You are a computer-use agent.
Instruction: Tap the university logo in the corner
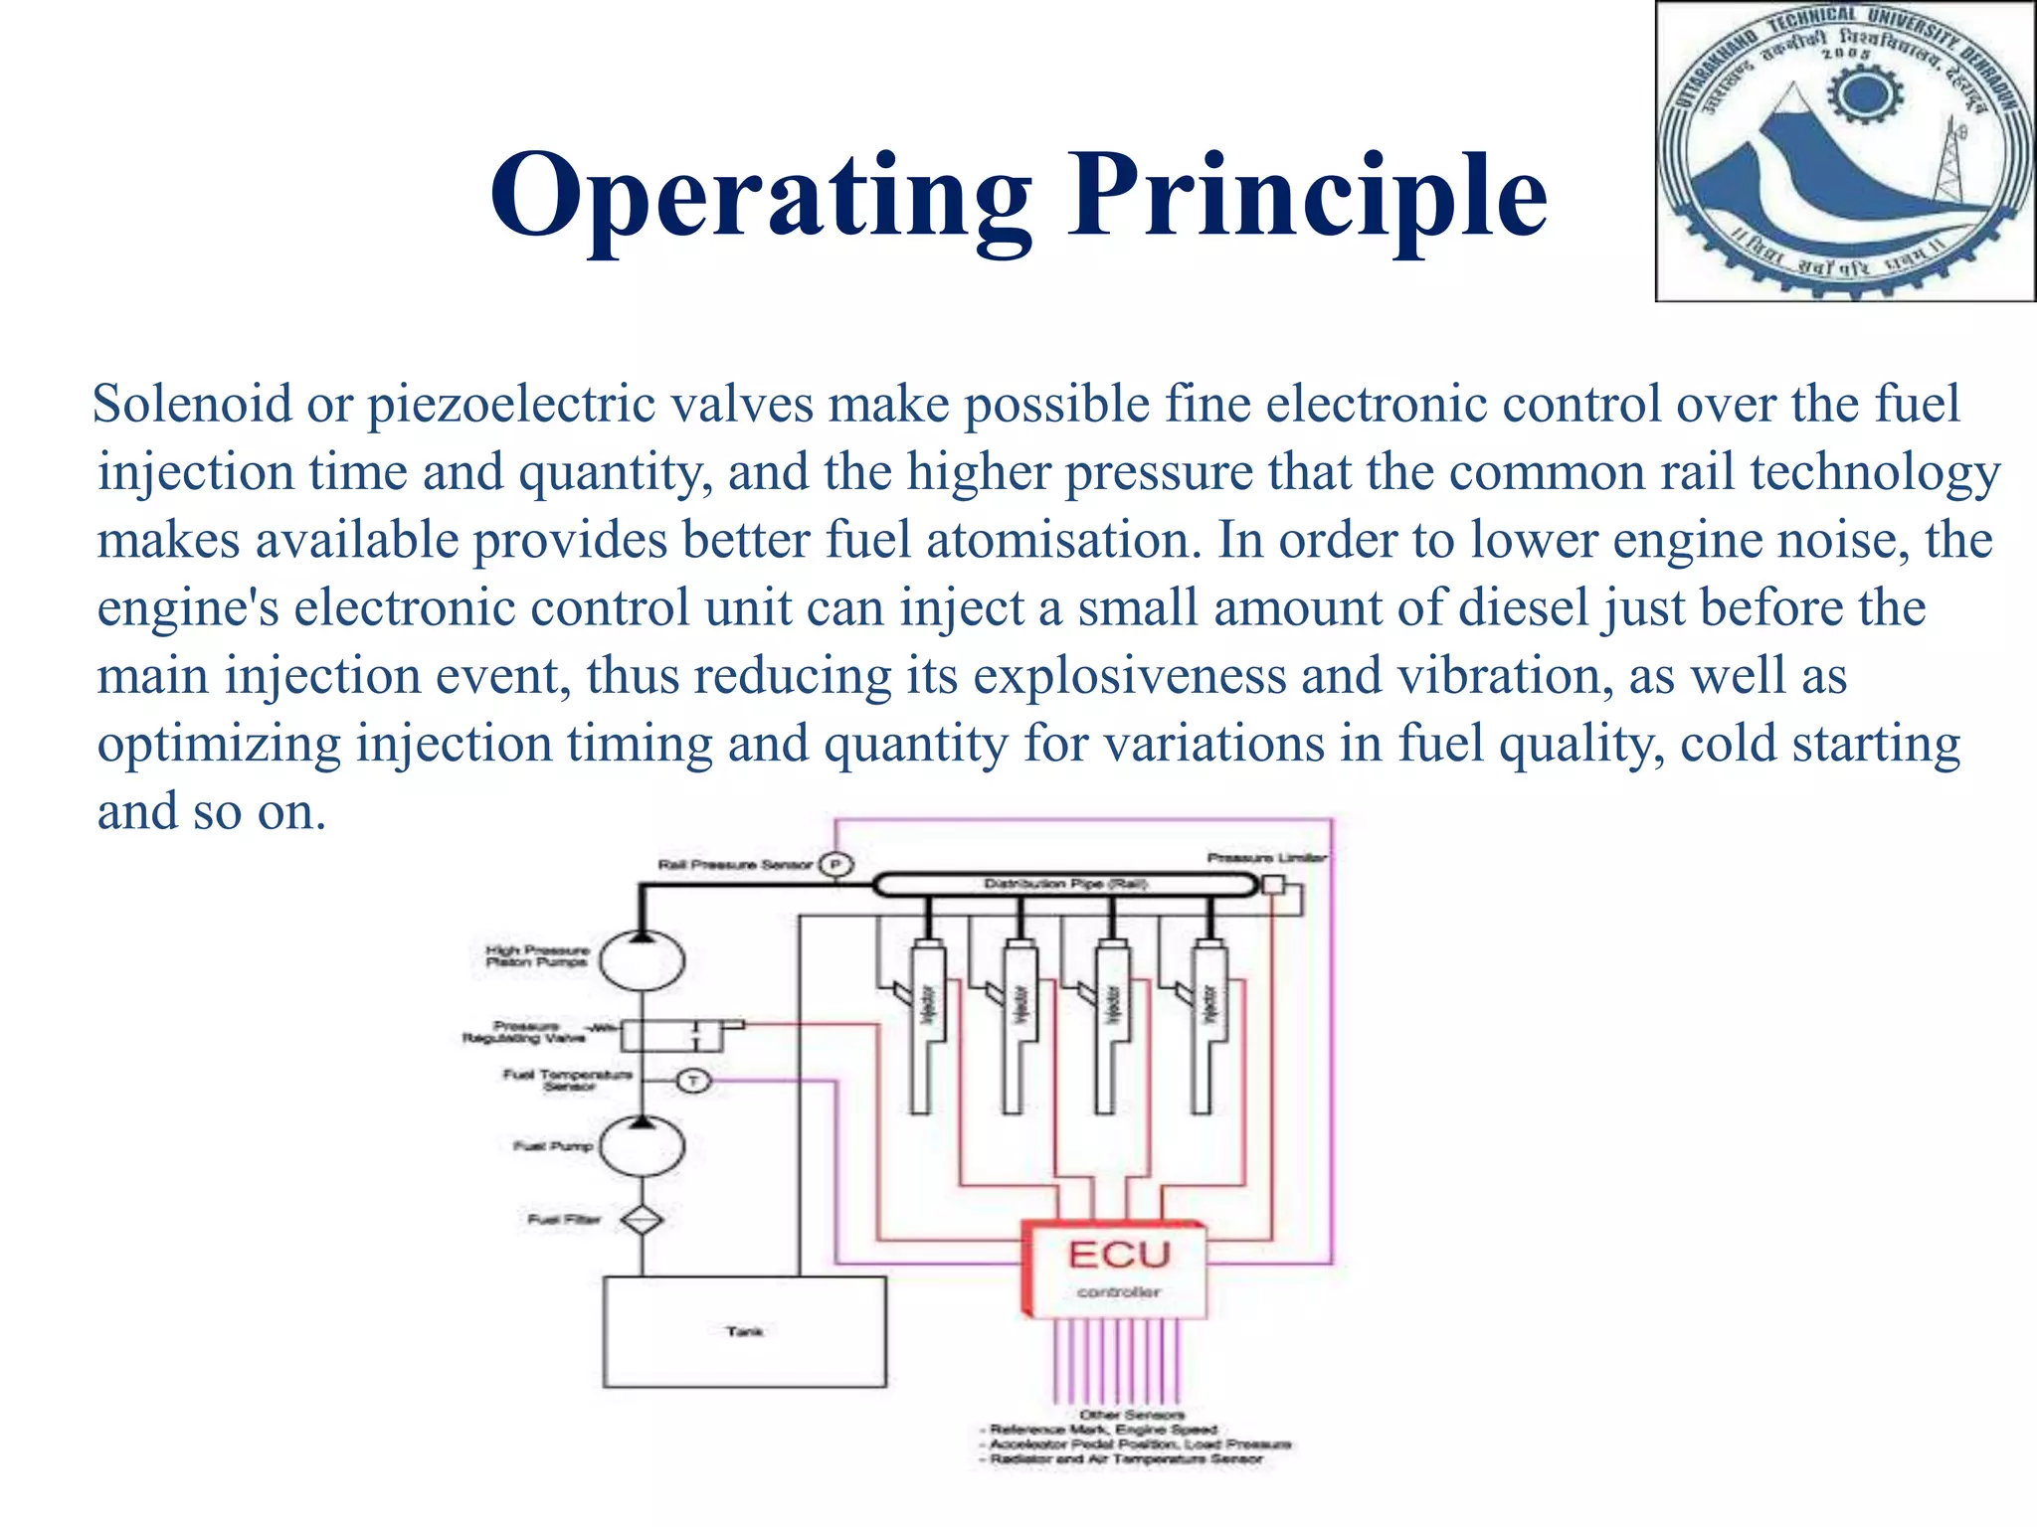pyautogui.click(x=1845, y=151)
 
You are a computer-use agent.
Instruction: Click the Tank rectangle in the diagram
pyautogui.click(x=744, y=1331)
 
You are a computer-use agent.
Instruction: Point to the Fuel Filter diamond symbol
pyautogui.click(x=643, y=1219)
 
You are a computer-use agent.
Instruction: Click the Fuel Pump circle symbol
pyautogui.click(x=643, y=1146)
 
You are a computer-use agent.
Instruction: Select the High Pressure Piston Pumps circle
pyautogui.click(x=643, y=960)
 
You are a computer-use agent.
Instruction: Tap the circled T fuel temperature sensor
pyautogui.click(x=693, y=1080)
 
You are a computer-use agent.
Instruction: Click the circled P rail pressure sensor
pyautogui.click(x=835, y=865)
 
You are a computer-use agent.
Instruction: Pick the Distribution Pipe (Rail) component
pyautogui.click(x=1065, y=884)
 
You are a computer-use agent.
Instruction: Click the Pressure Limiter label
pyautogui.click(x=1266, y=857)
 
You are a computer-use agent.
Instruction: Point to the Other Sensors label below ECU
pyautogui.click(x=1132, y=1414)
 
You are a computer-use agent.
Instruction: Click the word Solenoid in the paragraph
pyautogui.click(x=192, y=405)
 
